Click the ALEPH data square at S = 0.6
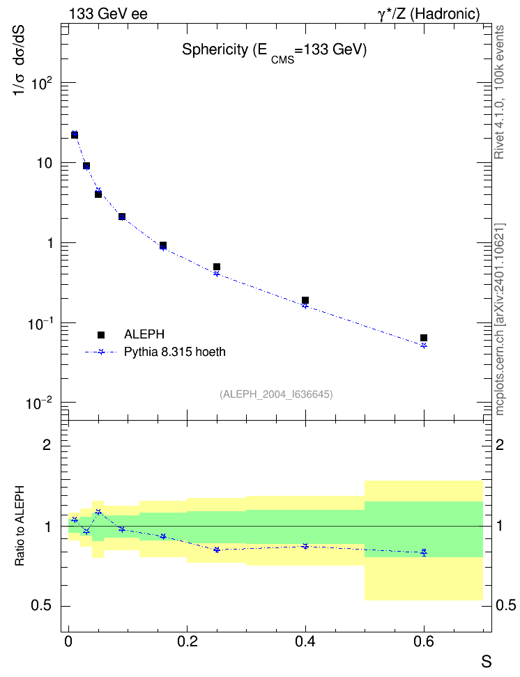[x=424, y=338]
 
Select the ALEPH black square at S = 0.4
[x=305, y=300]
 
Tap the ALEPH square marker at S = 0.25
[x=217, y=267]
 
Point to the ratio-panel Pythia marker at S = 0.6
[x=424, y=552]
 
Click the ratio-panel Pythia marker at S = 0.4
[x=305, y=546]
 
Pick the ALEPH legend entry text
[x=144, y=334]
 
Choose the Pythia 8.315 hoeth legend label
[x=175, y=352]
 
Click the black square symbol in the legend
[x=101, y=334]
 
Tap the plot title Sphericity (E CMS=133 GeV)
[x=274, y=52]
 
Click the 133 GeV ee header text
[x=109, y=14]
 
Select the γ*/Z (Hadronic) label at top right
[x=429, y=14]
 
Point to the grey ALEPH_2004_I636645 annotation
[x=276, y=394]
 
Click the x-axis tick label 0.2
[x=188, y=641]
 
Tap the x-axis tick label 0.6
[x=424, y=641]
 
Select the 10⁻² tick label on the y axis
[x=38, y=403]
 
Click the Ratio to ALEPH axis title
[x=20, y=526]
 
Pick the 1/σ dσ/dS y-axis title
[x=18, y=61]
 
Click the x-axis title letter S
[x=487, y=662]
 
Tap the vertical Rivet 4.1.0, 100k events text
[x=499, y=92]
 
